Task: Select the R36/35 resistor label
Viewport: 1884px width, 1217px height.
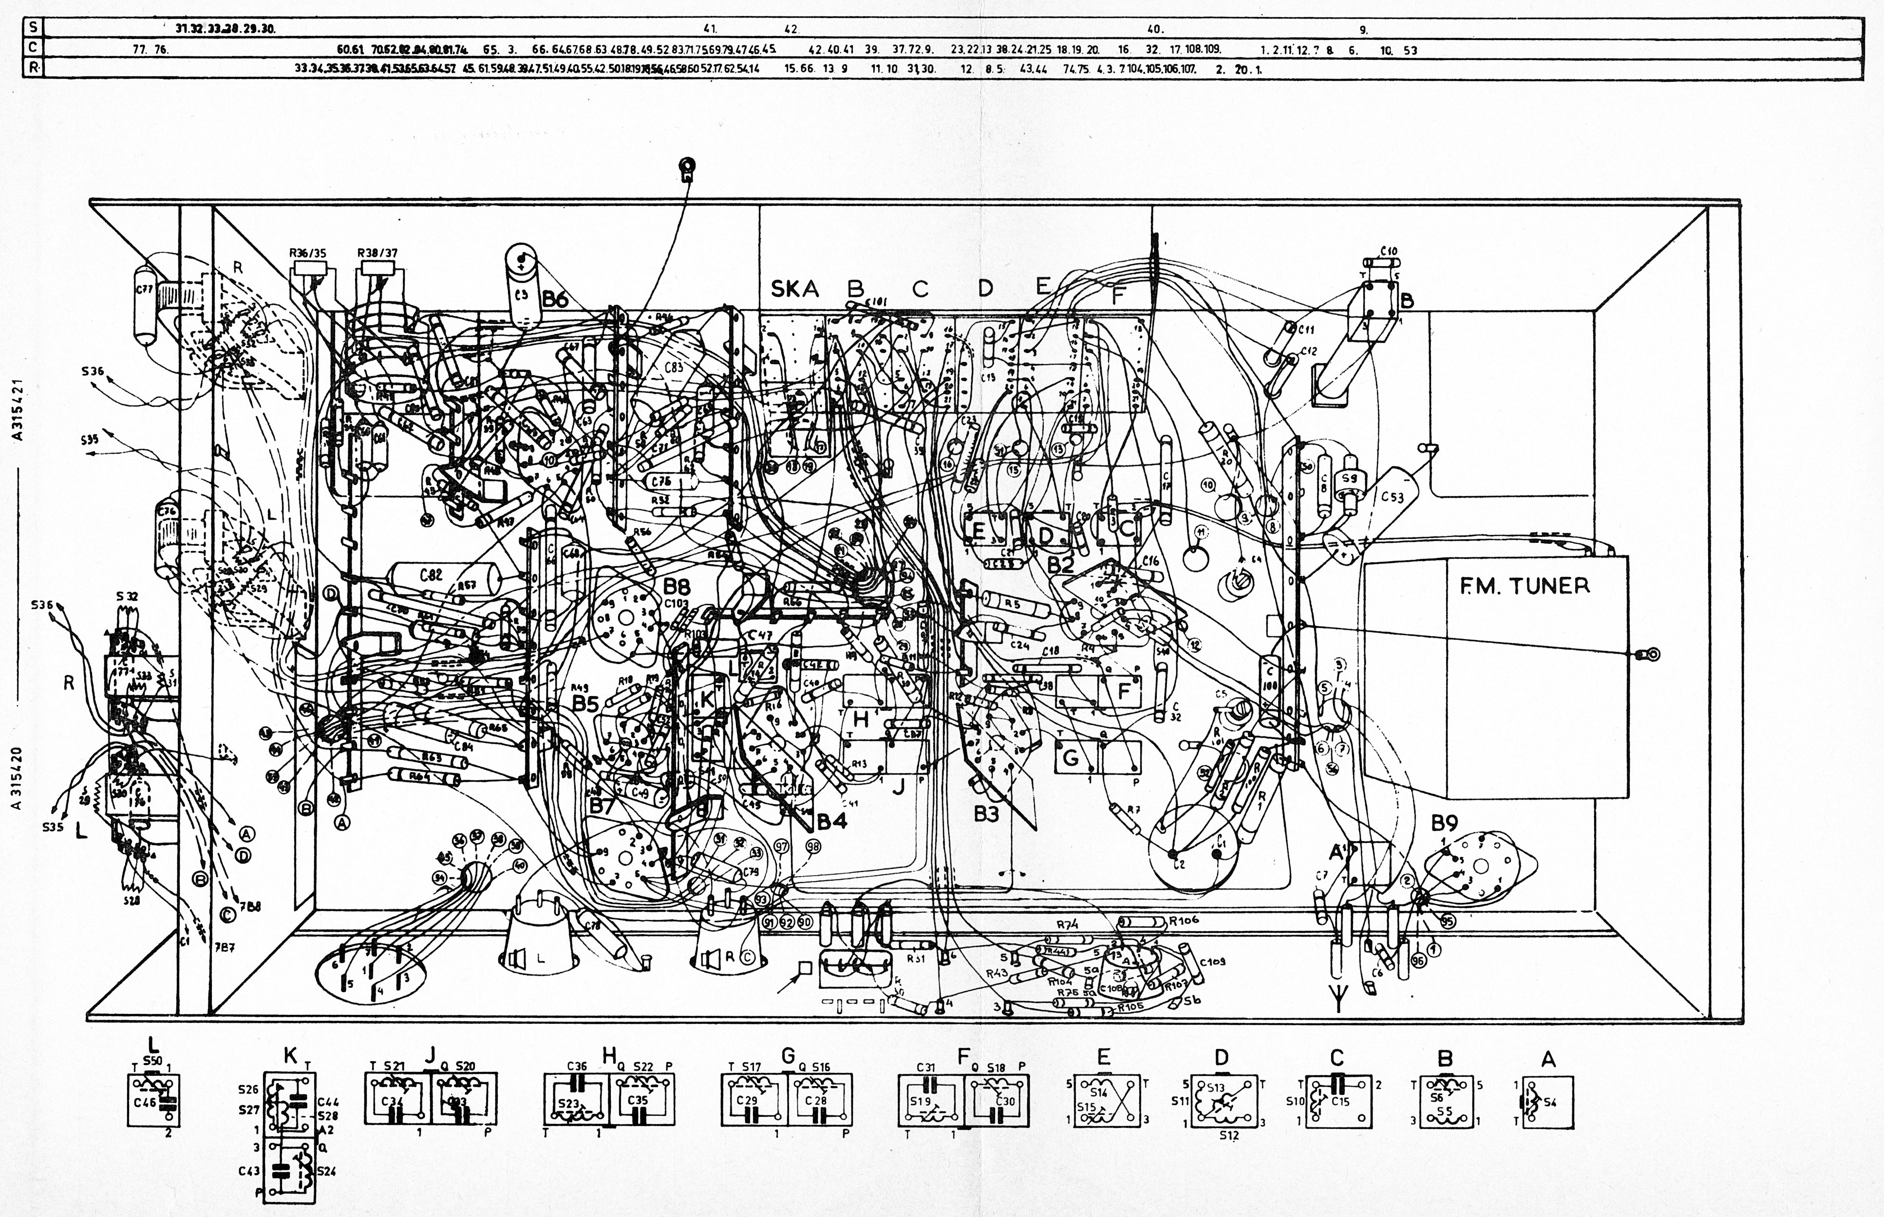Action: pyautogui.click(x=308, y=253)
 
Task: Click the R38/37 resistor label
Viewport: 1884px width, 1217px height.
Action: pyautogui.click(x=377, y=253)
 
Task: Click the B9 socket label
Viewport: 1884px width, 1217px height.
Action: pyautogui.click(x=1444, y=824)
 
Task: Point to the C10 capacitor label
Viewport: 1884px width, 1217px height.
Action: pyautogui.click(x=1388, y=251)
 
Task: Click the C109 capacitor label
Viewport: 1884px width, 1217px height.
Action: pyautogui.click(x=1211, y=962)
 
